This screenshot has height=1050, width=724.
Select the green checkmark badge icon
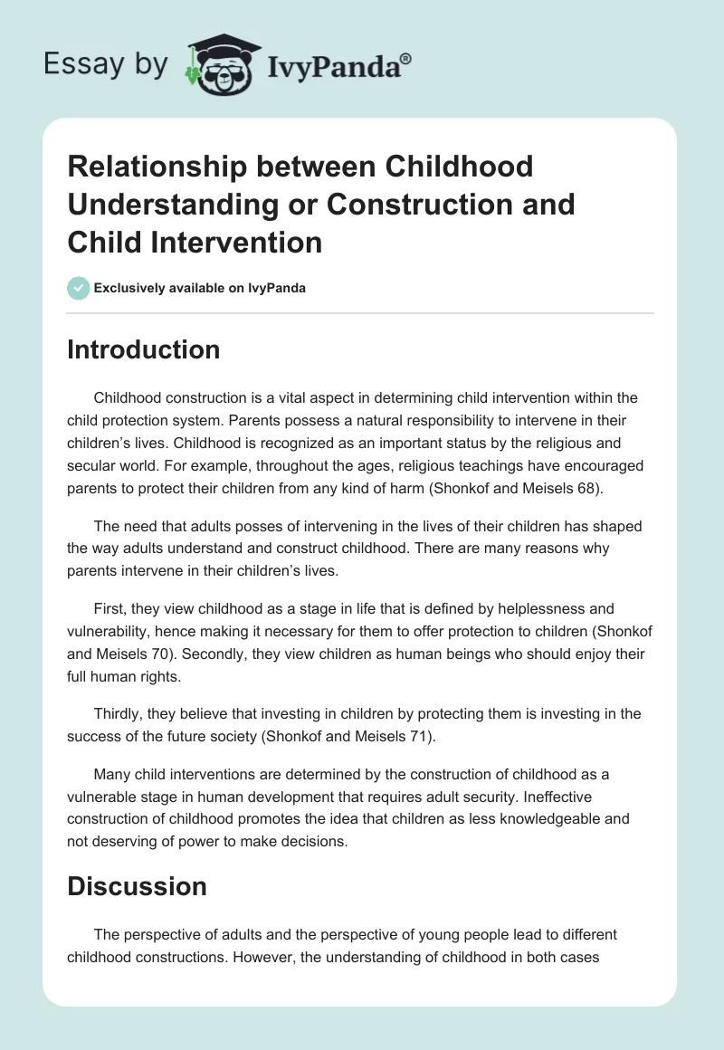pos(78,288)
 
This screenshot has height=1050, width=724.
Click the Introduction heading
pos(143,349)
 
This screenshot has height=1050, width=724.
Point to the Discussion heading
pos(137,886)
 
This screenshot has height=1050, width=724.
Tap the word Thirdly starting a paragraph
pos(119,713)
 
